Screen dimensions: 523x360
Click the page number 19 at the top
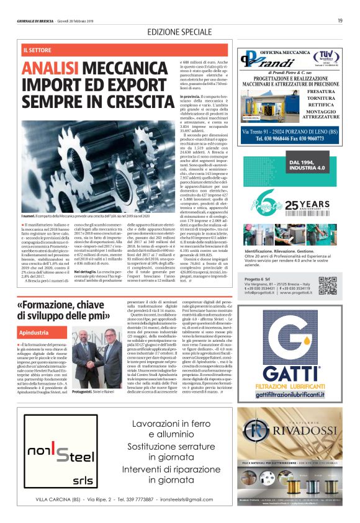coord(340,20)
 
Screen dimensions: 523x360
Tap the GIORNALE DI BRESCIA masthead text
coord(38,20)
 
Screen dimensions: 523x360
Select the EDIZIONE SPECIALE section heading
coord(179,32)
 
